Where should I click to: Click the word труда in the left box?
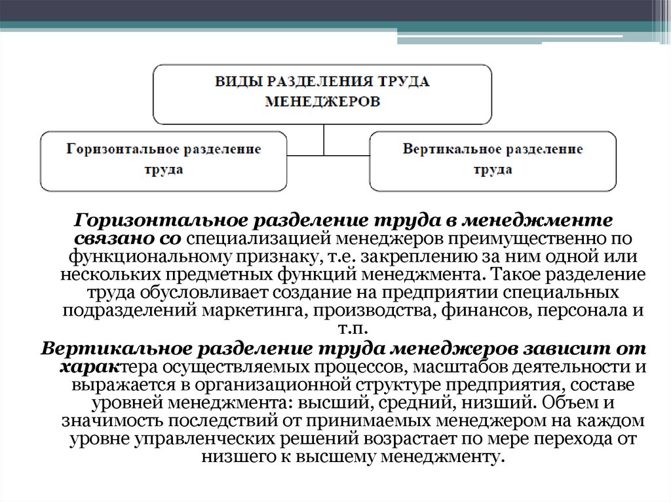[x=164, y=170]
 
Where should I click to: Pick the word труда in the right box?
[x=493, y=170]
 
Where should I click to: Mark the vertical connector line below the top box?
[x=323, y=139]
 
